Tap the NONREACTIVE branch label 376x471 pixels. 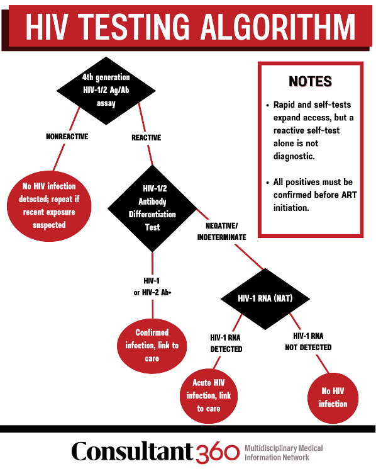[67, 137]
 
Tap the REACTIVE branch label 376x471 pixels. [146, 137]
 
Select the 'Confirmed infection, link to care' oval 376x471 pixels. [152, 345]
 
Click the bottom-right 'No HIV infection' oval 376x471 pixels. [333, 397]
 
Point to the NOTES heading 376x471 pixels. [310, 82]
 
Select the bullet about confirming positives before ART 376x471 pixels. [312, 195]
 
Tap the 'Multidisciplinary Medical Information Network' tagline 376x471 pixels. [284, 452]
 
